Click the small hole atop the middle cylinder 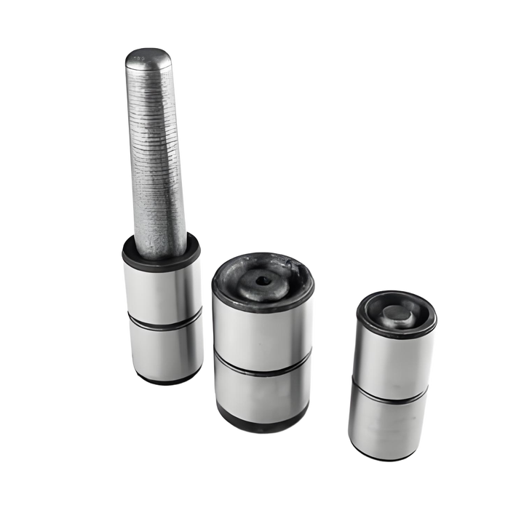click(x=260, y=280)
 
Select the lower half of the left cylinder click(x=166, y=349)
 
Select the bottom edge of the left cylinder click(x=166, y=381)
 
